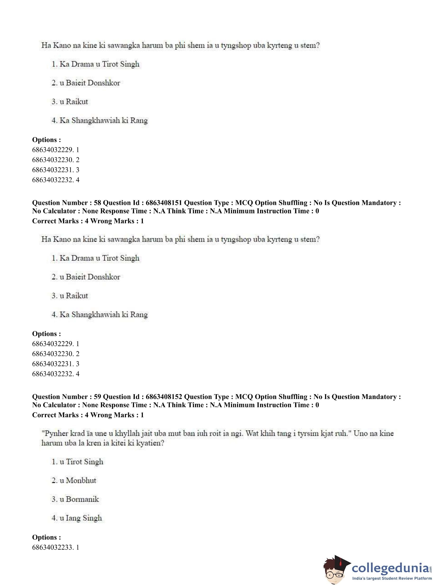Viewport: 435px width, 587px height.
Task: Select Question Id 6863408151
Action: click(x=163, y=203)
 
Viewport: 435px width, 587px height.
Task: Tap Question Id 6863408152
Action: click(x=163, y=397)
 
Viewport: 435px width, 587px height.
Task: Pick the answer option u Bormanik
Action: click(x=82, y=499)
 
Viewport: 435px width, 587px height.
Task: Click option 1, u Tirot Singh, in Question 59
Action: click(x=84, y=462)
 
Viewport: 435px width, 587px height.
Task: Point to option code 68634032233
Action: click(x=53, y=547)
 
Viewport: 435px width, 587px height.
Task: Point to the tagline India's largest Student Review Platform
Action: click(x=392, y=578)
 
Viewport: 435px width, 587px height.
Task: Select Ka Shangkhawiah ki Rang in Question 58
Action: click(x=104, y=314)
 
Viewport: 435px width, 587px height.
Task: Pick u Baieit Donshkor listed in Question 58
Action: click(x=93, y=277)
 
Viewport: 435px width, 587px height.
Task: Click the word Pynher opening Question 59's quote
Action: click(x=54, y=433)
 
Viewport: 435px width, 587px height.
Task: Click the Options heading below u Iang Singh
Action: click(x=46, y=537)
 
